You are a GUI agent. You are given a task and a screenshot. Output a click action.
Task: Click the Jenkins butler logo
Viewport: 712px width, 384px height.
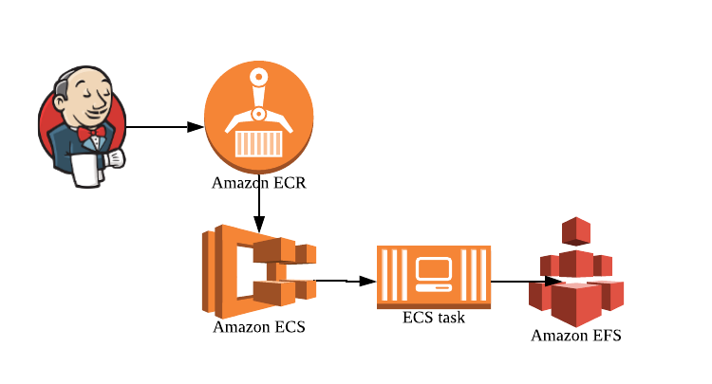point(82,126)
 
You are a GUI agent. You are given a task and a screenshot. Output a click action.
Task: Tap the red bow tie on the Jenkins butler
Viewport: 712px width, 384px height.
point(90,137)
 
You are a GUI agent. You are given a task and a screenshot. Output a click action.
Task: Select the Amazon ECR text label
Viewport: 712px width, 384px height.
point(258,183)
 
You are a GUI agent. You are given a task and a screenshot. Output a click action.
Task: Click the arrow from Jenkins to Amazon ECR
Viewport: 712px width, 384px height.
point(165,126)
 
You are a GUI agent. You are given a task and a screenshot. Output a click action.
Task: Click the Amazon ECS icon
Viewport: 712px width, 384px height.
point(256,271)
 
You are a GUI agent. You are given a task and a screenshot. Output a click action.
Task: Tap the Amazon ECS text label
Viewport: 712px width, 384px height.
point(258,328)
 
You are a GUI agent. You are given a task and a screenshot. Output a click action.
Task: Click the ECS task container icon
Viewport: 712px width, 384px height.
point(433,277)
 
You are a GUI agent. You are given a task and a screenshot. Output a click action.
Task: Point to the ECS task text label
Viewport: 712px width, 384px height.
point(433,318)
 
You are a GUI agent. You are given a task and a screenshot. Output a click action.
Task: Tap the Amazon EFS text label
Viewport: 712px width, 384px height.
point(575,336)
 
